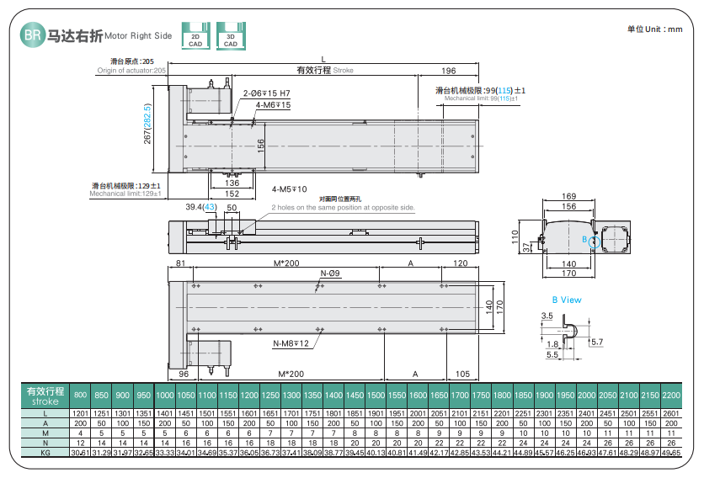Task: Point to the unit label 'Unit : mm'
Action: [654, 29]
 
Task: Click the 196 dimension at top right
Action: [448, 71]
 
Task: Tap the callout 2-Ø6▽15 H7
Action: [266, 93]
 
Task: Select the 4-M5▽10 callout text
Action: [290, 189]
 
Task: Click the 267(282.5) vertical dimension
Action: [147, 124]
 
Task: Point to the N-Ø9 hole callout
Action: [330, 274]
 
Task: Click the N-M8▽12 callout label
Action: [291, 343]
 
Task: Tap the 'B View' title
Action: [567, 300]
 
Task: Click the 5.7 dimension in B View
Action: [597, 342]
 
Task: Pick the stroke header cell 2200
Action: [670, 395]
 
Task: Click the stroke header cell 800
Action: [80, 395]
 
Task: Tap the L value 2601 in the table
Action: [670, 413]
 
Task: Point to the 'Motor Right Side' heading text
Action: [139, 36]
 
